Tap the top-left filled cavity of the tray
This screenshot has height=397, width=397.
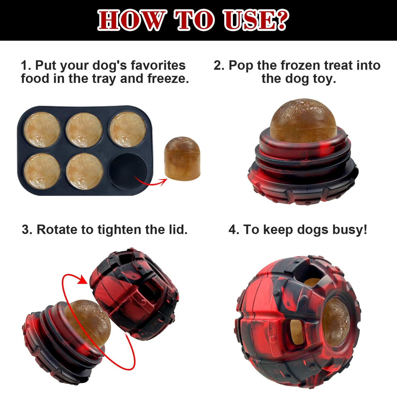click(x=42, y=129)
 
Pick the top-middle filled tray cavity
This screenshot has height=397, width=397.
click(x=84, y=129)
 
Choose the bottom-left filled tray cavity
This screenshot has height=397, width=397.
click(x=42, y=171)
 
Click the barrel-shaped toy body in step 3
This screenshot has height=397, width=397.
click(x=135, y=294)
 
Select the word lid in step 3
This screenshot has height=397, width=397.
click(x=178, y=230)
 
